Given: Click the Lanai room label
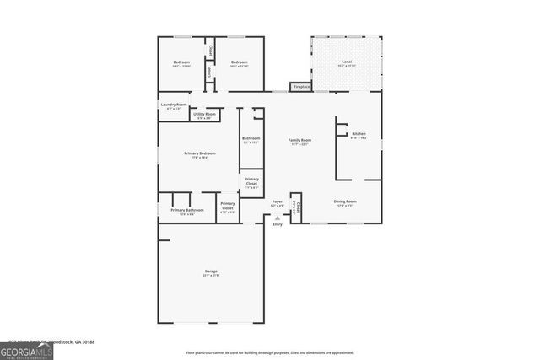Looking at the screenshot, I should click(x=347, y=62).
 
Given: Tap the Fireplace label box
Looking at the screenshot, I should click(x=301, y=87).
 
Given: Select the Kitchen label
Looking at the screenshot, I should click(x=359, y=135).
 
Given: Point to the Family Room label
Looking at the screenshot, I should click(x=300, y=141).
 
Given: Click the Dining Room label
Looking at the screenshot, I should click(x=345, y=202).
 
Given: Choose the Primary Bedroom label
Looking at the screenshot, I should click(x=200, y=154).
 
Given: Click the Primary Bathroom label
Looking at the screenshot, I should click(x=187, y=211).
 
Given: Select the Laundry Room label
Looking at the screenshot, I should click(x=175, y=105).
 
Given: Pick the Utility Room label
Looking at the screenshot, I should click(x=204, y=115).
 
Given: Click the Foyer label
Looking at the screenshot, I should click(x=277, y=203).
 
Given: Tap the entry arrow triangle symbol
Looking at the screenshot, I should click(x=277, y=218).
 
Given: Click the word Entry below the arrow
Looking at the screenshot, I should click(x=277, y=224).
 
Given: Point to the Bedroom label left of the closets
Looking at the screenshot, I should click(x=181, y=62).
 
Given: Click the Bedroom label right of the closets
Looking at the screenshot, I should click(x=240, y=62).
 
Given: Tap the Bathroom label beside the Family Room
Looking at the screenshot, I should click(x=251, y=139).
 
